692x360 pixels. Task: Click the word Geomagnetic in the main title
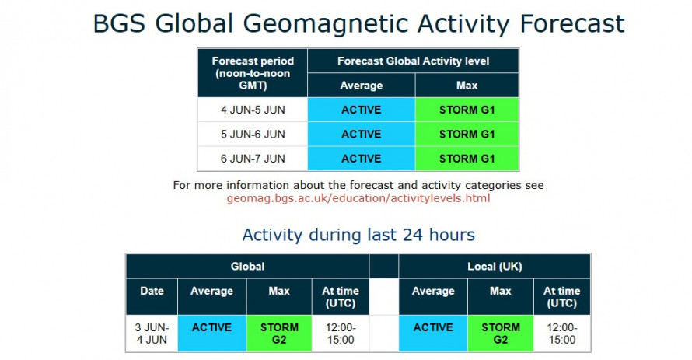pyautogui.click(x=326, y=24)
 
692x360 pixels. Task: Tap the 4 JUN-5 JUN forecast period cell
pyautogui.click(x=253, y=110)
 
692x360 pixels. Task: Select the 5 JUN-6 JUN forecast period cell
pyautogui.click(x=253, y=134)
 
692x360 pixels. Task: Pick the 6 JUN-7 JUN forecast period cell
pyautogui.click(x=253, y=159)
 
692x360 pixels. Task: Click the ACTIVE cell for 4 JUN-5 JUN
pyautogui.click(x=362, y=110)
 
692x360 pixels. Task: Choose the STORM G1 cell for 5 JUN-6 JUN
pyautogui.click(x=467, y=134)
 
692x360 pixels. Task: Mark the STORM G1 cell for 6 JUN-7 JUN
pyautogui.click(x=467, y=159)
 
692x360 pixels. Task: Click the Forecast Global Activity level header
pyautogui.click(x=413, y=61)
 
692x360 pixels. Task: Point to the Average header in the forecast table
pyautogui.click(x=362, y=86)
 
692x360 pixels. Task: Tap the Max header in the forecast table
pyautogui.click(x=467, y=86)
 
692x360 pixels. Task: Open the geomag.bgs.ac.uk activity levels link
pyautogui.click(x=358, y=198)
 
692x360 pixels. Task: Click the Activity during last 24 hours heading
pyautogui.click(x=358, y=235)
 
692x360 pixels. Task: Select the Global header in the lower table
pyautogui.click(x=247, y=267)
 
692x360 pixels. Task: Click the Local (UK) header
pyautogui.click(x=495, y=267)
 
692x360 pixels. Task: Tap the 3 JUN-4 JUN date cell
pyautogui.click(x=152, y=334)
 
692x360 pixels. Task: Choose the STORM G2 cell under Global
pyautogui.click(x=279, y=334)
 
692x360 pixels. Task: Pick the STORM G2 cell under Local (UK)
pyautogui.click(x=501, y=334)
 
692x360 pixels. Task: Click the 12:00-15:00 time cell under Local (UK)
pyautogui.click(x=562, y=334)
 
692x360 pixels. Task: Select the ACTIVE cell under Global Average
pyautogui.click(x=211, y=334)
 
